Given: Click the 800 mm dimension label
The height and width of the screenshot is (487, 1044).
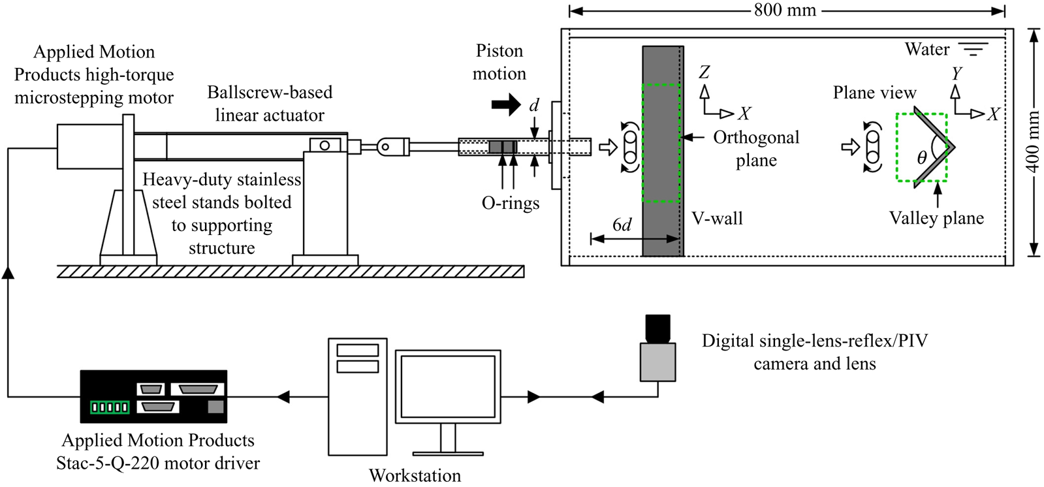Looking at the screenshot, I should (785, 10).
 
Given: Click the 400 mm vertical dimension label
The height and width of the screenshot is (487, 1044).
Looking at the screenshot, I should (1032, 142).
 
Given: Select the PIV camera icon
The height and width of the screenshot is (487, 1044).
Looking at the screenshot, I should (657, 349).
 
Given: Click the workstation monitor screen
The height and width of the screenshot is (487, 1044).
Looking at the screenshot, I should (447, 386).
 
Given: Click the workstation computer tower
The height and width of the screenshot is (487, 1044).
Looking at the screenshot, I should (357, 396).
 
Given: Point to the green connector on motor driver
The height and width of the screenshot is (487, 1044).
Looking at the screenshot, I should (109, 407).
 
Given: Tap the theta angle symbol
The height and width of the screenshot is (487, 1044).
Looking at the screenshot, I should (921, 157).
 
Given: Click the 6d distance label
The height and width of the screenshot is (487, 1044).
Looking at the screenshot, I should (622, 225).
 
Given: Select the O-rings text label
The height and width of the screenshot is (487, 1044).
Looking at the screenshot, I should (511, 203).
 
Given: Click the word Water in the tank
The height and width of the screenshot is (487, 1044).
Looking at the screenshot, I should (926, 50).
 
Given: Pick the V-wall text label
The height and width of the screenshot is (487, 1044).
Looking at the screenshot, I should (717, 219).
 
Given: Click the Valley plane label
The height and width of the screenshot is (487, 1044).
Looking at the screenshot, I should (936, 218).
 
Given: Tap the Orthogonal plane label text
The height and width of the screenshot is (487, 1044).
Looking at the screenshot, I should (756, 149).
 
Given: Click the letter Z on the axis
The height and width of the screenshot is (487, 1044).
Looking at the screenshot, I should (704, 72).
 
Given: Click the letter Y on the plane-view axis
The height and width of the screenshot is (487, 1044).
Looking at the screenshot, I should (957, 73).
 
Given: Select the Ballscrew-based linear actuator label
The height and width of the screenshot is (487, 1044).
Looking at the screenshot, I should (270, 104).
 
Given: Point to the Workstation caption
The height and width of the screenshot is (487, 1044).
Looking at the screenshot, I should (415, 475).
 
